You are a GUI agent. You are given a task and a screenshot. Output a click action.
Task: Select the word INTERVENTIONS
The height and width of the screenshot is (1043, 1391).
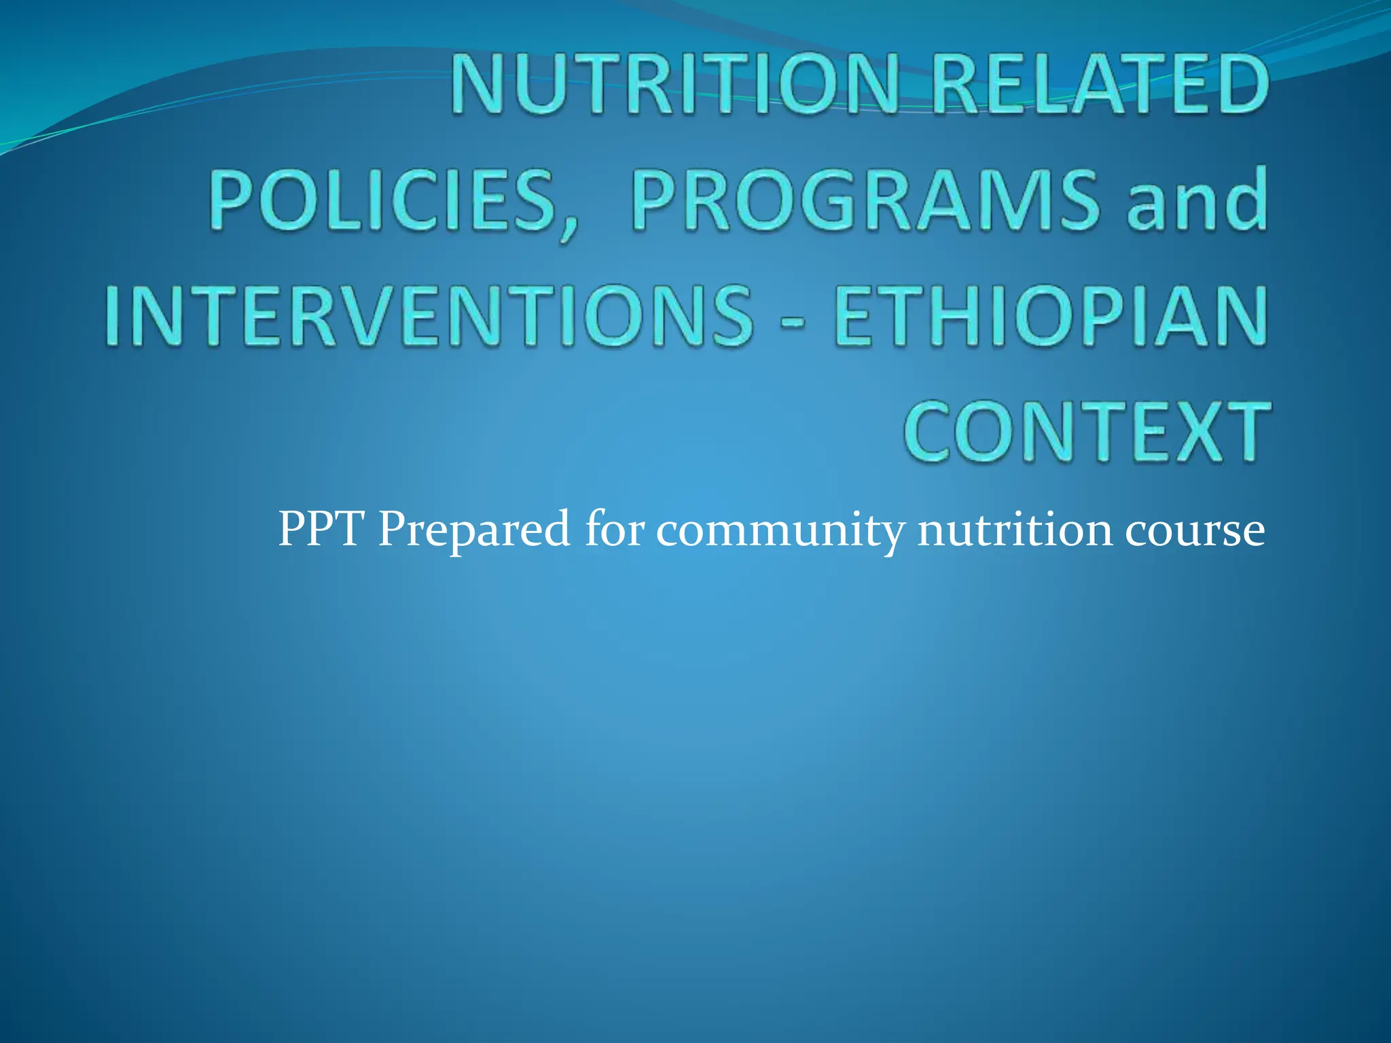(429, 316)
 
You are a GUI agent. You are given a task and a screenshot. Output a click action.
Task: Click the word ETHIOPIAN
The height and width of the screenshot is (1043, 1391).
(1050, 316)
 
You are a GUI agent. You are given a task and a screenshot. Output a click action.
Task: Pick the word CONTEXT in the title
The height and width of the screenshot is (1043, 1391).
(1087, 432)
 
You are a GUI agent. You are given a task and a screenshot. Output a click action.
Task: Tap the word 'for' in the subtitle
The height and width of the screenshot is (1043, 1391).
(614, 529)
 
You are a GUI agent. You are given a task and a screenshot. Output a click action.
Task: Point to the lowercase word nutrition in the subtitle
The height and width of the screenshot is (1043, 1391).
(1015, 530)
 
